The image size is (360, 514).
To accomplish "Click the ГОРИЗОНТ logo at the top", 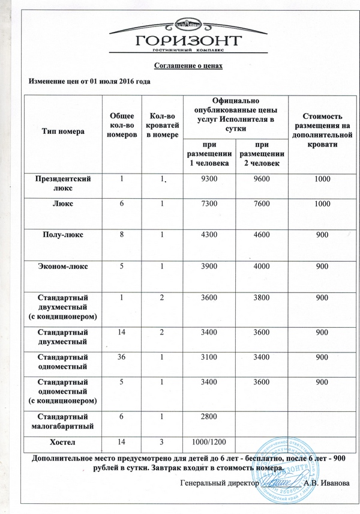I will [x=181, y=37].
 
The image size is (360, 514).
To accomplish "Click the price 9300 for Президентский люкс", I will [x=209, y=180].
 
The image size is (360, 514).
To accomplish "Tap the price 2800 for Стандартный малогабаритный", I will [x=209, y=417].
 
